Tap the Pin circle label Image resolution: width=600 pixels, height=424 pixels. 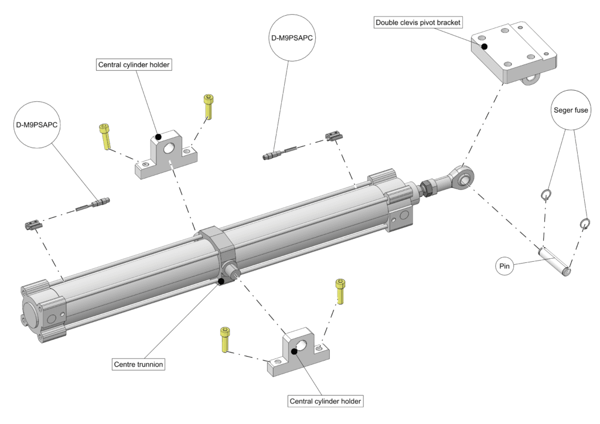(x=504, y=266)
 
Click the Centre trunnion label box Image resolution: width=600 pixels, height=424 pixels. (x=139, y=364)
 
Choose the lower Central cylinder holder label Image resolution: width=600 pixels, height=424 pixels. (x=326, y=401)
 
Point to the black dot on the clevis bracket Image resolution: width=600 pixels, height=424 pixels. (x=484, y=46)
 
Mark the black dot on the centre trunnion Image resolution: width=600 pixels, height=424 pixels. (x=221, y=282)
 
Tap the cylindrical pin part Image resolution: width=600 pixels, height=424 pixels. (x=554, y=262)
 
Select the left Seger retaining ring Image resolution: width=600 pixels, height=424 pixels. (x=546, y=194)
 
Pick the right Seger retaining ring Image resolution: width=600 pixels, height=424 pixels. (x=584, y=223)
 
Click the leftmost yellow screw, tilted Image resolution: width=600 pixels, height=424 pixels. (x=105, y=136)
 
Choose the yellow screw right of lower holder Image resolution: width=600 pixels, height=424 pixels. (x=340, y=289)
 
